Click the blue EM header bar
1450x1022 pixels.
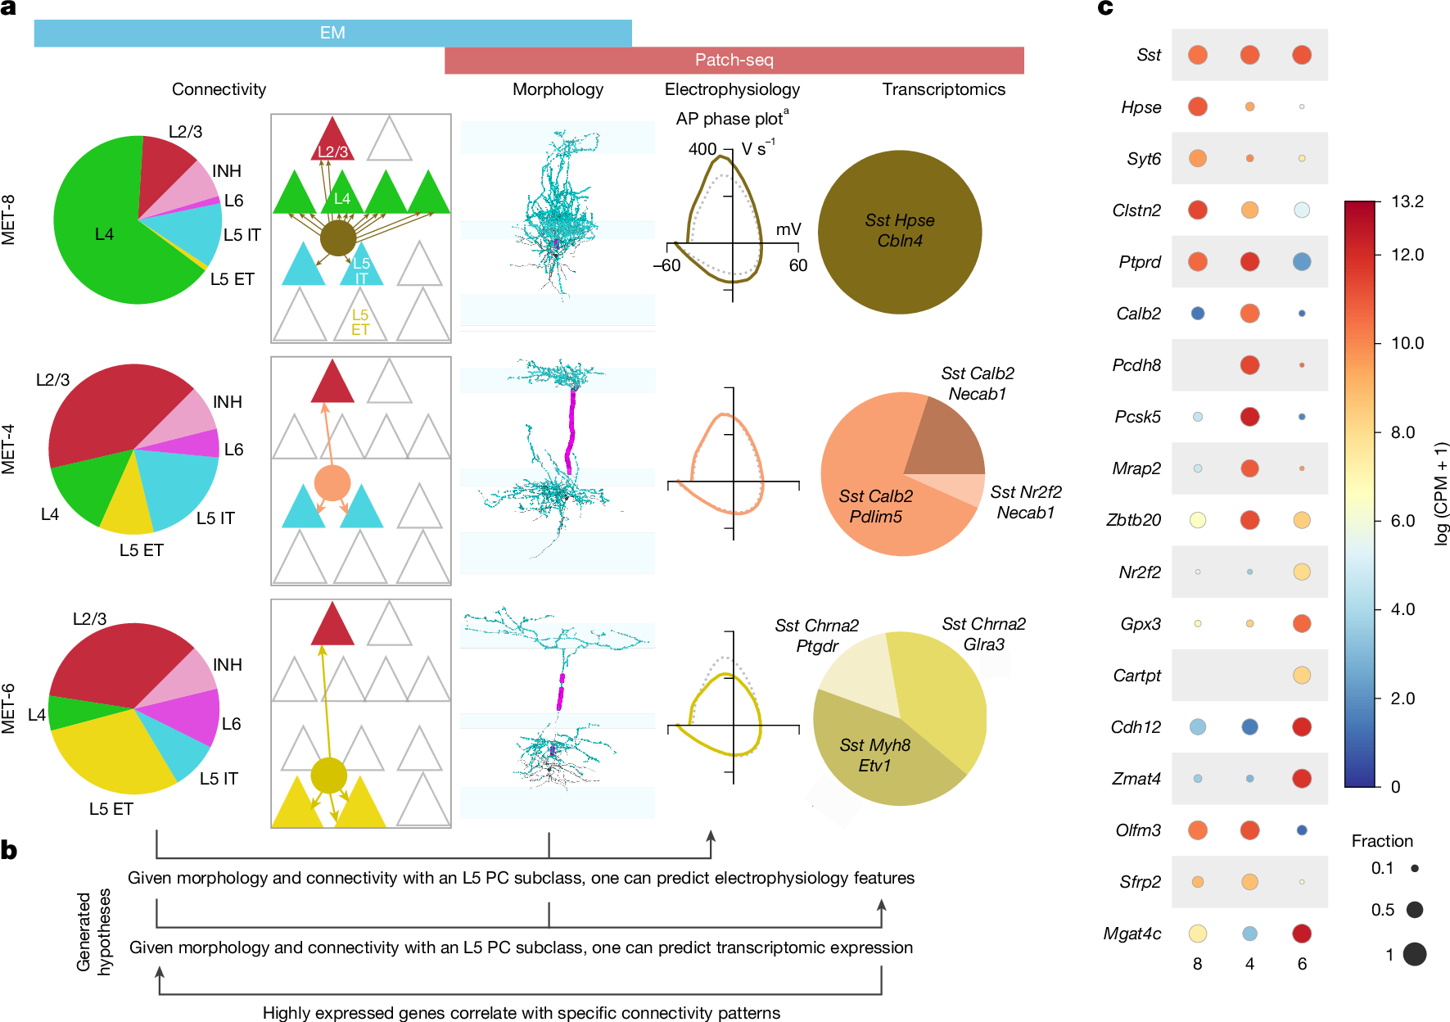point(332,33)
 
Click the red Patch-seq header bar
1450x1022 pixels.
point(734,60)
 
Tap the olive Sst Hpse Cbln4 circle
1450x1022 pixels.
point(899,231)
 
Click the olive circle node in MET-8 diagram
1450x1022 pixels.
point(337,237)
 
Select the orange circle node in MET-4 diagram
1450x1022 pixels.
point(332,483)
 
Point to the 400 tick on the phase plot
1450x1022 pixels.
point(702,149)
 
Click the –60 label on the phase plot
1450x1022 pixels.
point(666,265)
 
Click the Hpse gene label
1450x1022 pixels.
point(1141,107)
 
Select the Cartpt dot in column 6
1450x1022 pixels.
point(1301,675)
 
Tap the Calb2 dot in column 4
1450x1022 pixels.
point(1249,313)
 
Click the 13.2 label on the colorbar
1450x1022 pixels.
point(1407,201)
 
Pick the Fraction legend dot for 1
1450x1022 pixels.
point(1414,953)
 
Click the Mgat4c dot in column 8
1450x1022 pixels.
point(1197,933)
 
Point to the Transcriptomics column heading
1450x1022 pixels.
point(943,89)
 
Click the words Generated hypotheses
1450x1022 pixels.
point(93,932)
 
